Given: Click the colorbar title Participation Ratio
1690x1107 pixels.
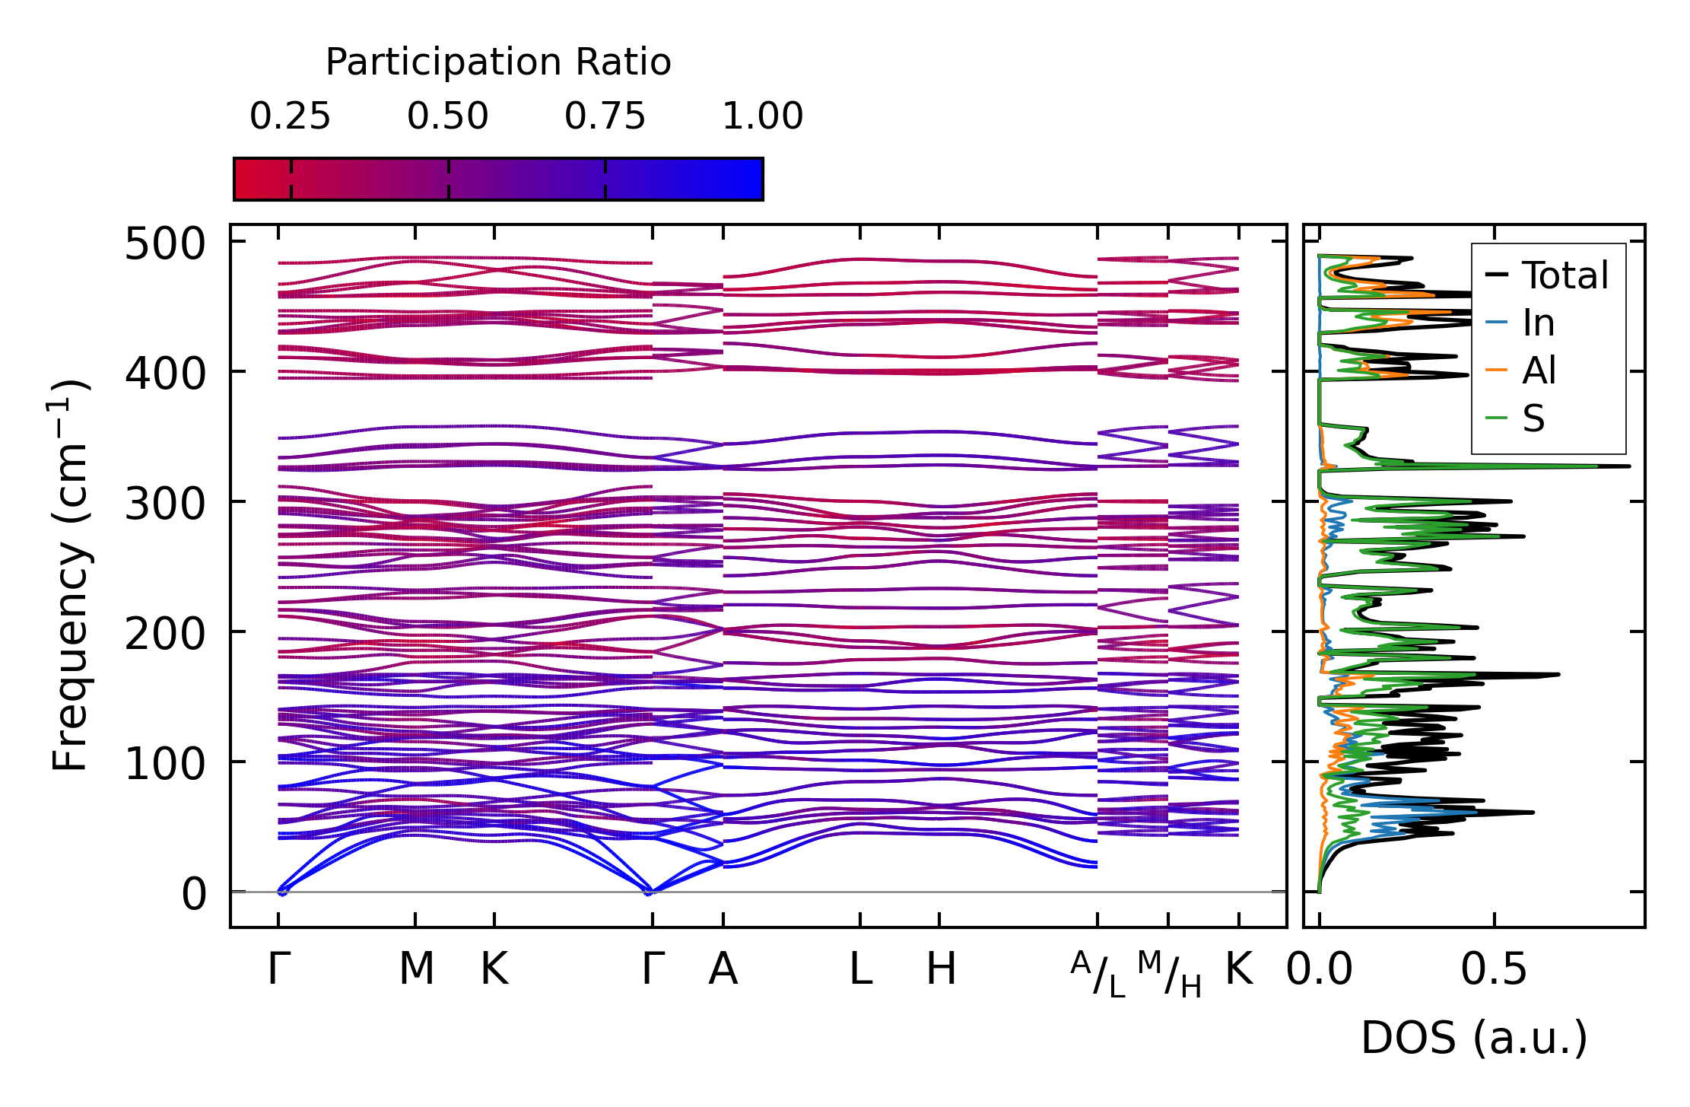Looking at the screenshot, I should pyautogui.click(x=498, y=62).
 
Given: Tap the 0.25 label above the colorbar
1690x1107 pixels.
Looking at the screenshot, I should pyautogui.click(x=290, y=116).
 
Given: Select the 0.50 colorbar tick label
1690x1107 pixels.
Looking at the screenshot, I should pyautogui.click(x=447, y=116).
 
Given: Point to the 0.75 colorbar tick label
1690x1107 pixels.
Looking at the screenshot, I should pyautogui.click(x=605, y=116).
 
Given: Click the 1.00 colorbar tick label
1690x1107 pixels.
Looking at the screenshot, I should pyautogui.click(x=762, y=116).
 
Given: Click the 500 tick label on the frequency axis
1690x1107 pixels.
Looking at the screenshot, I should pyautogui.click(x=165, y=245).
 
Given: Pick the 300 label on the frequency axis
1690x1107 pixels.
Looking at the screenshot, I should pyautogui.click(x=165, y=504).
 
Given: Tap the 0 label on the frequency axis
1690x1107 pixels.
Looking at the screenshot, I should pyautogui.click(x=193, y=894).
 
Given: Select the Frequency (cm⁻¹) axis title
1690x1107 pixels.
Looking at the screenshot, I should pyautogui.click(x=70, y=575).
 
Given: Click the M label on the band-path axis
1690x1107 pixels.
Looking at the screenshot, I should pyautogui.click(x=416, y=969).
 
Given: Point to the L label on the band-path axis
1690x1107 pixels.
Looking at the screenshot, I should pyautogui.click(x=860, y=969).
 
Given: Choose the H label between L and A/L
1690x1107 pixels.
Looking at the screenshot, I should pyautogui.click(x=941, y=969).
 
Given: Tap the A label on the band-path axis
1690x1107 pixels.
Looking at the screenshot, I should pyautogui.click(x=723, y=969).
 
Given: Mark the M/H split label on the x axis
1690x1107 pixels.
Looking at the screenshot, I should pyautogui.click(x=1169, y=974).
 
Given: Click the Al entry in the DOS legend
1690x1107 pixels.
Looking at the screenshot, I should pyautogui.click(x=1539, y=371).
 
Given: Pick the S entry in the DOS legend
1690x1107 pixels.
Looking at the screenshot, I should pyautogui.click(x=1533, y=418).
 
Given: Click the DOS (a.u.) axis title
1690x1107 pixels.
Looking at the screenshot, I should pyautogui.click(x=1474, y=1038).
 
